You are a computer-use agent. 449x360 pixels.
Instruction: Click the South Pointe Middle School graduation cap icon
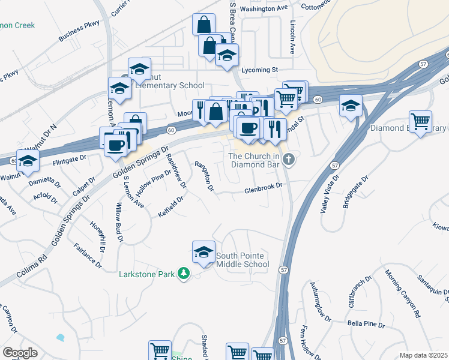pyautogui.click(x=203, y=251)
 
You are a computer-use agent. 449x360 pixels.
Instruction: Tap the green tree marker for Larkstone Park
pyautogui.click(x=184, y=274)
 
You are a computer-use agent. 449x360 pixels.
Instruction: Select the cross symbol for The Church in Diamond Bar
pyautogui.click(x=289, y=160)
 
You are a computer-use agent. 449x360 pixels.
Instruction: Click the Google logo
pyautogui.click(x=20, y=352)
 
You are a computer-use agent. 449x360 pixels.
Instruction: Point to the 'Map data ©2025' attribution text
pyautogui.click(x=423, y=355)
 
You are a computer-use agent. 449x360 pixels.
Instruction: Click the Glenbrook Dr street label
pyautogui.click(x=263, y=188)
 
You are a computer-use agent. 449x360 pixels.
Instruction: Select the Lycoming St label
pyautogui.click(x=259, y=70)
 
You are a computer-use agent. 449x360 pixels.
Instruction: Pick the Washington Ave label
pyautogui.click(x=264, y=9)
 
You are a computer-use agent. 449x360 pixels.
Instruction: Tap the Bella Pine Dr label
pyautogui.click(x=366, y=324)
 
